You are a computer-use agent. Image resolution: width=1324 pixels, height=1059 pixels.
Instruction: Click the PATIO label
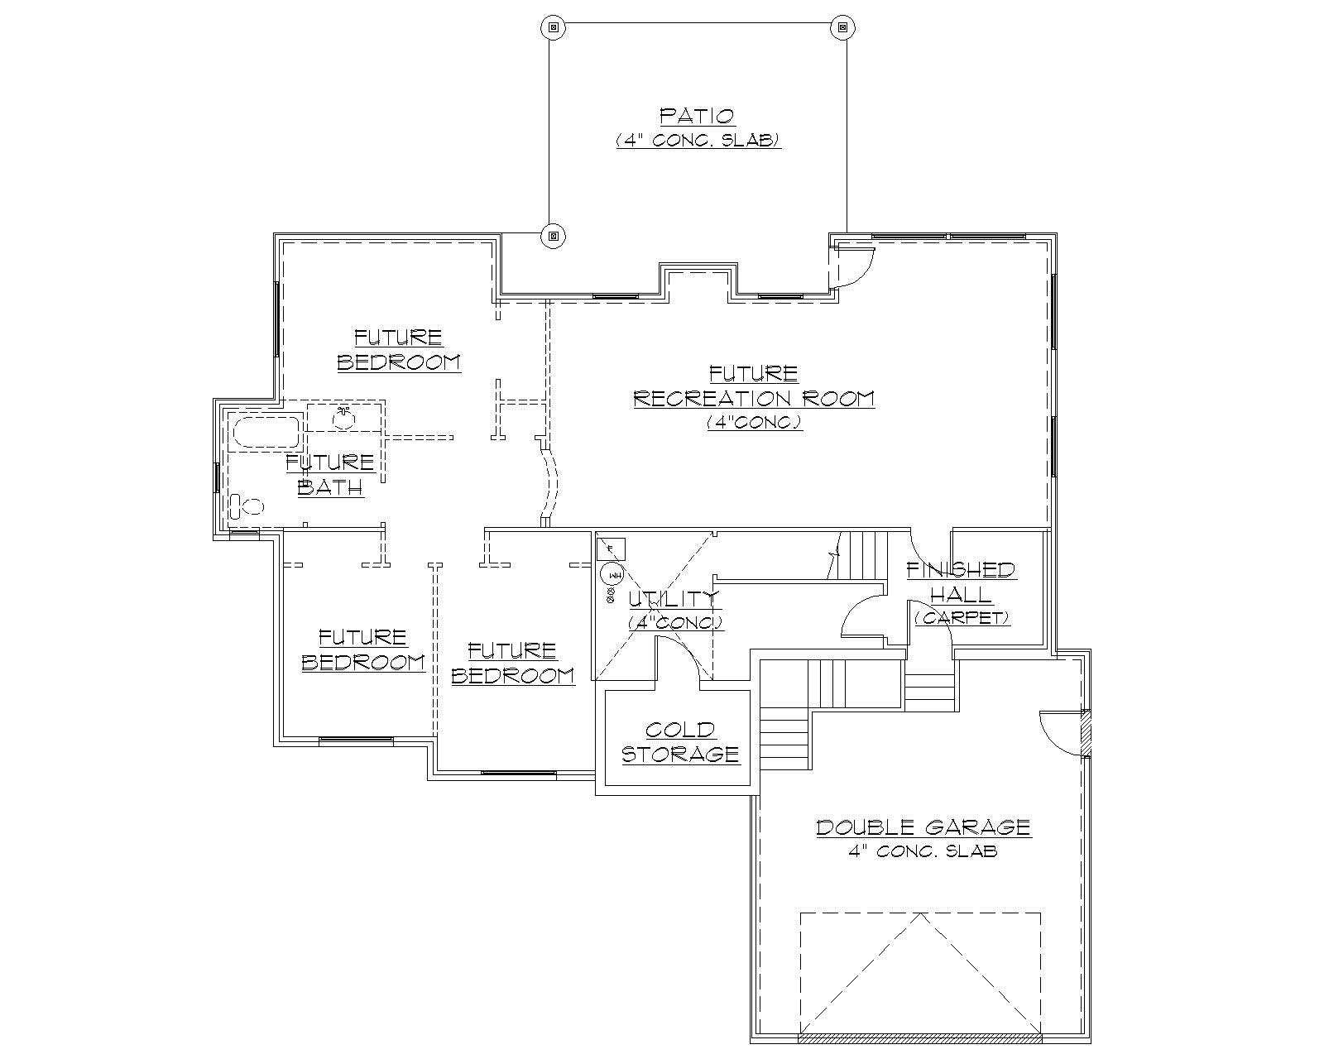coord(697,115)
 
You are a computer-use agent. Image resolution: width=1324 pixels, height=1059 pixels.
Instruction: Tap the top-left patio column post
coord(554,26)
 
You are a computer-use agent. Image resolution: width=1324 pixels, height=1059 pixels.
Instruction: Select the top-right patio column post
coord(842,26)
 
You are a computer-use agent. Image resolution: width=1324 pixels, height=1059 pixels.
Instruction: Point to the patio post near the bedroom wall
coord(554,237)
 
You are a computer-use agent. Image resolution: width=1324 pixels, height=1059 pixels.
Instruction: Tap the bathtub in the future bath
coord(266,433)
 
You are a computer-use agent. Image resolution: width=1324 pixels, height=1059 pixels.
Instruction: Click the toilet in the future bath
coord(245,506)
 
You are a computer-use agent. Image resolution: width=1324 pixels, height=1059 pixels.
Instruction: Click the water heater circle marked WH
coord(613,573)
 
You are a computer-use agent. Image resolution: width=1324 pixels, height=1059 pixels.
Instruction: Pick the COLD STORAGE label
coord(680,742)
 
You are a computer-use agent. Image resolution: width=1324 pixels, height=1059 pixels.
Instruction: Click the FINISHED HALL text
coord(960,582)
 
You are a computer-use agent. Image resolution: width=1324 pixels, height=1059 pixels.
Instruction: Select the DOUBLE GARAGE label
coord(923,827)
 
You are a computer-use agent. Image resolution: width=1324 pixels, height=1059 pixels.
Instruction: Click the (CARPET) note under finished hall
coord(962,618)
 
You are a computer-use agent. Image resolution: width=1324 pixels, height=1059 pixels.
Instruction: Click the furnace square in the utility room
coord(612,549)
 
